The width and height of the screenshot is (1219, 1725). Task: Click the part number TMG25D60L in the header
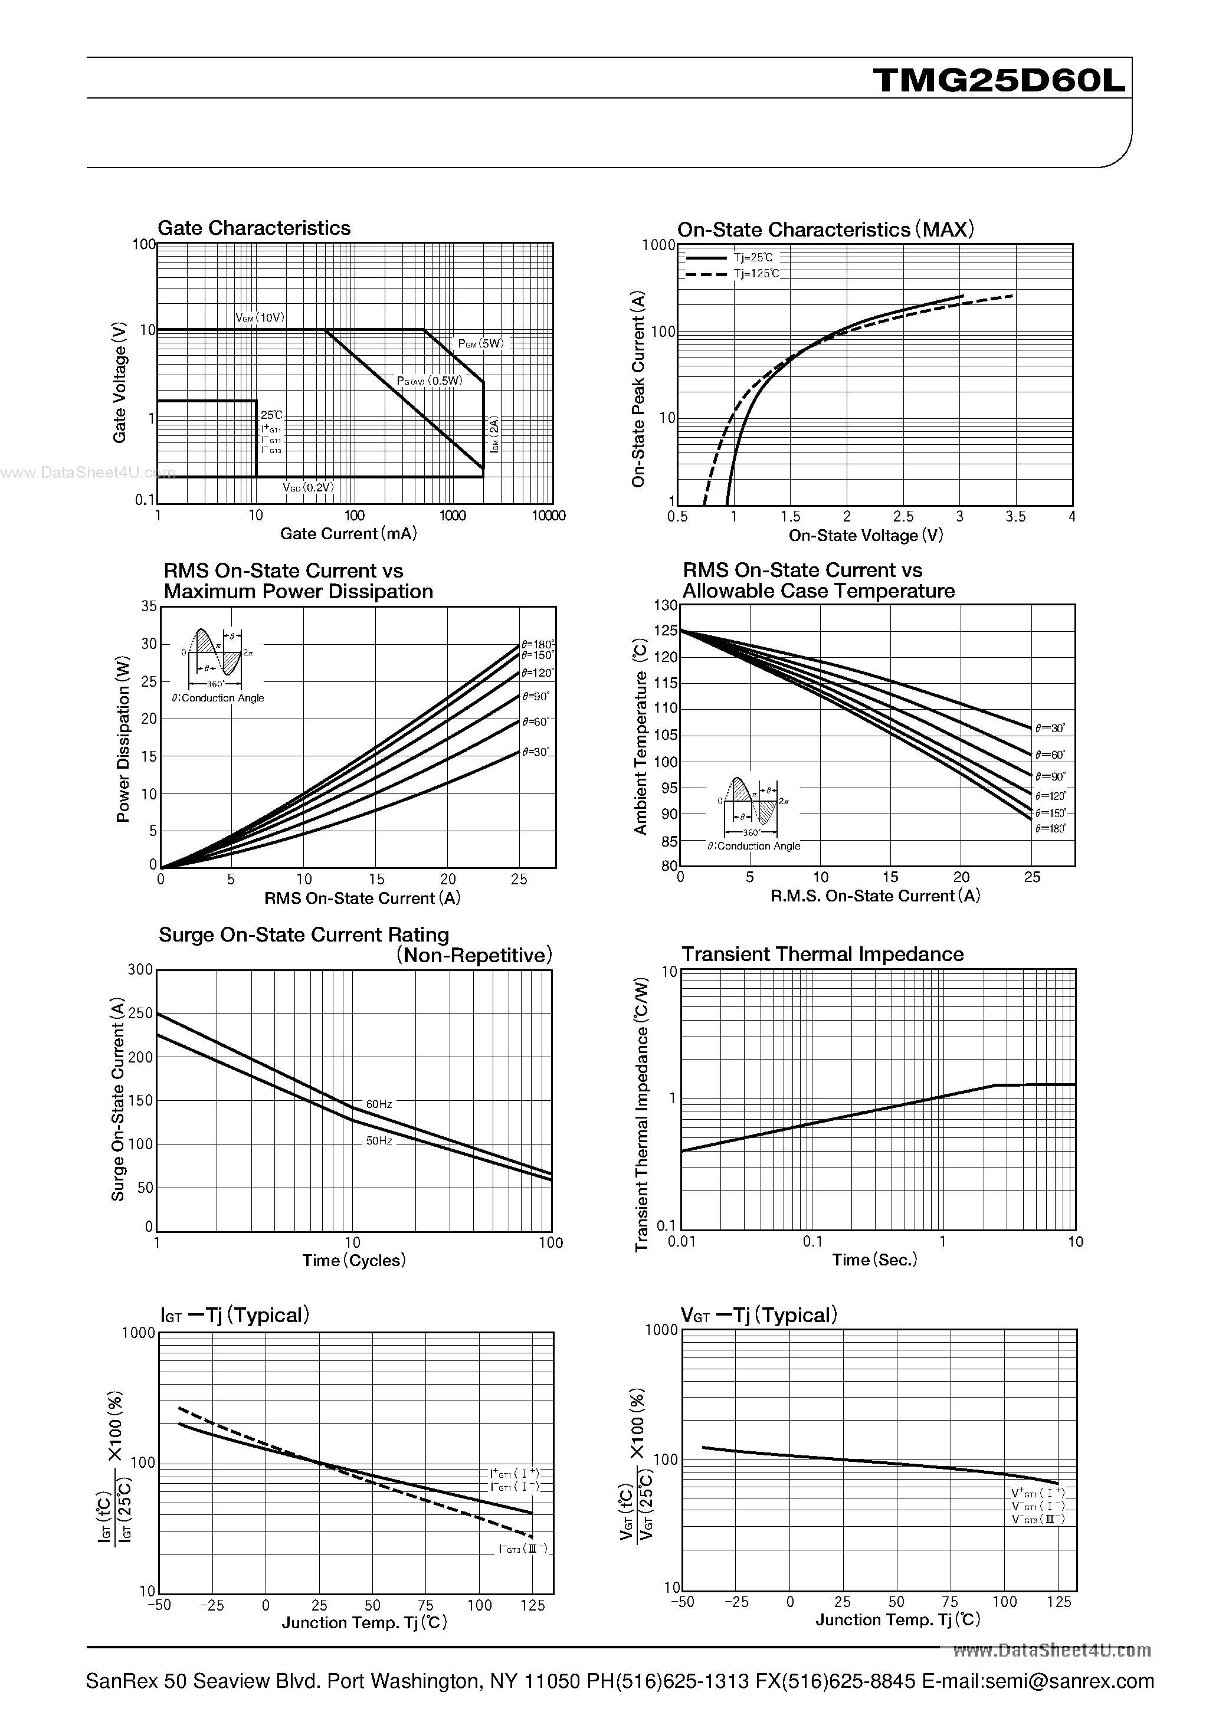[1000, 80]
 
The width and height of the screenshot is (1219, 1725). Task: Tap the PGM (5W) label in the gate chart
[480, 343]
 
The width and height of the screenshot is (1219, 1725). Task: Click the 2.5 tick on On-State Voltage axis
[903, 516]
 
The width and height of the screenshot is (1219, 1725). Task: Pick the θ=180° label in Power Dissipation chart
[538, 644]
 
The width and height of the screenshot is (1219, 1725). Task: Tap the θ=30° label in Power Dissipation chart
[536, 752]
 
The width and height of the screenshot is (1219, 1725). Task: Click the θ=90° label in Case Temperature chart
[1050, 776]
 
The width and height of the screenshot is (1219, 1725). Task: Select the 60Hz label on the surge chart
[379, 1104]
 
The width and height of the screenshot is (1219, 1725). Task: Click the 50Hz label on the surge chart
[379, 1140]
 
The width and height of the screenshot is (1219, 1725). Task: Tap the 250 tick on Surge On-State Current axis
[141, 1013]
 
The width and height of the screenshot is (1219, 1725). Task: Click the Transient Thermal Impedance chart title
[822, 953]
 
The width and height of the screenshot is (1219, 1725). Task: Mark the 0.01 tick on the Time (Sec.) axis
[681, 1241]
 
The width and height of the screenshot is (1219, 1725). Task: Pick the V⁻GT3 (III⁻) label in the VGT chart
[1038, 1519]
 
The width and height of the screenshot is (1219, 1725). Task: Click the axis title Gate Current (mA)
[348, 533]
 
